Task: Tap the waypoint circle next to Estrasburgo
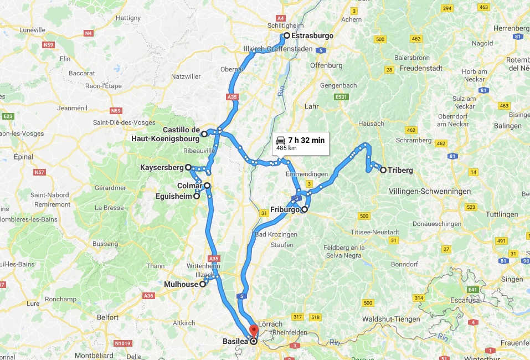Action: click(287, 35)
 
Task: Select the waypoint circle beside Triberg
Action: click(383, 170)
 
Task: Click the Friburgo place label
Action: click(285, 210)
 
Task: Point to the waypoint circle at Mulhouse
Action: click(203, 284)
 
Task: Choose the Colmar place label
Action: click(189, 186)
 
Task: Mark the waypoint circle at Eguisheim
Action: click(197, 196)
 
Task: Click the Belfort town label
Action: click(107, 317)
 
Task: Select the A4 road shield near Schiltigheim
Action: click(280, 18)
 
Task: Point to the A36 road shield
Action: click(148, 296)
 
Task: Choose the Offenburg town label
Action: click(326, 65)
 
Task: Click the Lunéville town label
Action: click(32, 29)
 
